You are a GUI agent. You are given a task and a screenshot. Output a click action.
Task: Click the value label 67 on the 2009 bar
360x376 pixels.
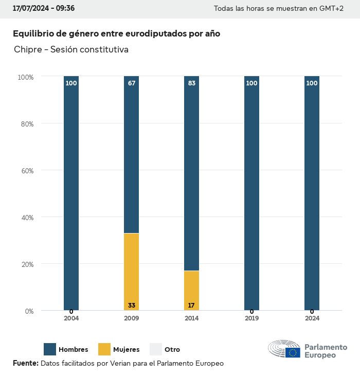click(x=132, y=83)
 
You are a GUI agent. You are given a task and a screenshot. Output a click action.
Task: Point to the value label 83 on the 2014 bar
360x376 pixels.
click(x=192, y=83)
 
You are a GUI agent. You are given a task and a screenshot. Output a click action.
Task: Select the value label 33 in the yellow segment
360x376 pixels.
click(x=132, y=306)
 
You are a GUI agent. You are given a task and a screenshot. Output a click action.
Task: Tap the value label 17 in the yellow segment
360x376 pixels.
click(x=191, y=306)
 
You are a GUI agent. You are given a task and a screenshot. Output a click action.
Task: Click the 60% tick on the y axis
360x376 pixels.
click(x=26, y=171)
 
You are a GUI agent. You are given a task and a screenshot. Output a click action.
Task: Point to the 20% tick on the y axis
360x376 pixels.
click(x=26, y=264)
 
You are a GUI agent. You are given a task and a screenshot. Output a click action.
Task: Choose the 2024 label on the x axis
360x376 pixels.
click(x=312, y=318)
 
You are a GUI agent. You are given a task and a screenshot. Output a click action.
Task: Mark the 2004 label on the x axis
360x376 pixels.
click(x=71, y=318)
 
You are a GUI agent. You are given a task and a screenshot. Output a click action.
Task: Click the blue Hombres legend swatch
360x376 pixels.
click(x=50, y=349)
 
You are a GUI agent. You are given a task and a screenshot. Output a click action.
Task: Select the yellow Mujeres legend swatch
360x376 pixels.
click(x=104, y=349)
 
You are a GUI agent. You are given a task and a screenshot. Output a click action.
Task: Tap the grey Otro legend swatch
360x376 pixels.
click(x=156, y=349)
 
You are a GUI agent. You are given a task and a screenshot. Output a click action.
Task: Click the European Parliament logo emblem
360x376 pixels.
click(x=284, y=350)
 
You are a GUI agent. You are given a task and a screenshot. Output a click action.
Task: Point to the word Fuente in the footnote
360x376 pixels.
click(x=25, y=364)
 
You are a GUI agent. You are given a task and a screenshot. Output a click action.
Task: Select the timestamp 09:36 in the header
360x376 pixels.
click(x=66, y=9)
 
